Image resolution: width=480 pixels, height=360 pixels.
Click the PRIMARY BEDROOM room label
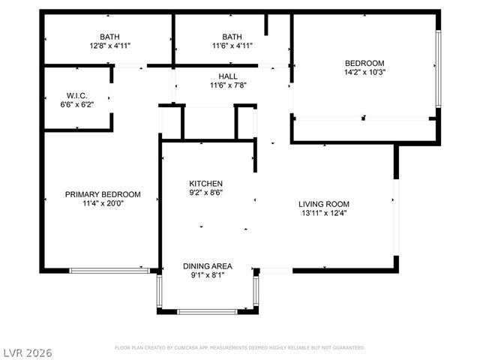98,194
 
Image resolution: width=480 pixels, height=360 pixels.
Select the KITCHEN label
205,184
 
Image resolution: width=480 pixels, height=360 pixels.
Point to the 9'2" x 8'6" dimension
205,193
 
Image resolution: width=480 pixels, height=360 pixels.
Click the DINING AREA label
208,266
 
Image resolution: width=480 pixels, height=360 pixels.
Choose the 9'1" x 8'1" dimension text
208,275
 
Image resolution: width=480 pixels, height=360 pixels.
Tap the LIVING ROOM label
324,204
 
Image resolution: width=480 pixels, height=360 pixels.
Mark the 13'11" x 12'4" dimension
324,213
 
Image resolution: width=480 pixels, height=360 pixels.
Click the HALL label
228,76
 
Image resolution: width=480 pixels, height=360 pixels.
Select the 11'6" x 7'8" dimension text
228,85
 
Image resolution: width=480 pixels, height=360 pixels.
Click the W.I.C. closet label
77,95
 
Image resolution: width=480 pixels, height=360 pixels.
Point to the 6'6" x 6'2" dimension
77,104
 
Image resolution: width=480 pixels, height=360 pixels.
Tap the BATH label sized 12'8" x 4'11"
109,37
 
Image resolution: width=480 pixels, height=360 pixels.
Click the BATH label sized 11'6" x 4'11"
232,37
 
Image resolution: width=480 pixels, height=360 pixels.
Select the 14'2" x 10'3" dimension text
364,73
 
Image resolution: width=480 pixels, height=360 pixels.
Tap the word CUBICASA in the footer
197,348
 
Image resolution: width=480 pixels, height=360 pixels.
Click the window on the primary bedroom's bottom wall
108,269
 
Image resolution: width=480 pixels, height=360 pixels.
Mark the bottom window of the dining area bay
208,311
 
